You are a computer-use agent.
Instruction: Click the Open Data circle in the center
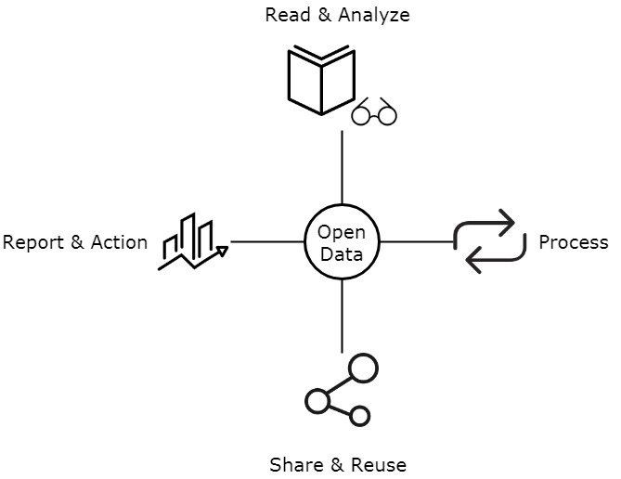(343, 242)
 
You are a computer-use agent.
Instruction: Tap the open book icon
(320, 82)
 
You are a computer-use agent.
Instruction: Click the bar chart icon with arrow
(191, 242)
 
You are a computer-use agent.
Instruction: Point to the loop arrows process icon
(484, 241)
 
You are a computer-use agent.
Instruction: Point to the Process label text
(573, 242)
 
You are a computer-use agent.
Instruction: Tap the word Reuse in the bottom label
(377, 464)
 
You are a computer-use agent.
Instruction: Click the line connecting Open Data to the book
(343, 167)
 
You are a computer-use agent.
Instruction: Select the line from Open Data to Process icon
(417, 241)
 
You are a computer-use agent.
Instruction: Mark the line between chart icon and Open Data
(267, 241)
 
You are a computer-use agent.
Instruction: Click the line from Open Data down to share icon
(343, 316)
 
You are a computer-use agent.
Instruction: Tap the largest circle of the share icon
(361, 369)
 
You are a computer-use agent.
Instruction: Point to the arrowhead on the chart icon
(221, 249)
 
